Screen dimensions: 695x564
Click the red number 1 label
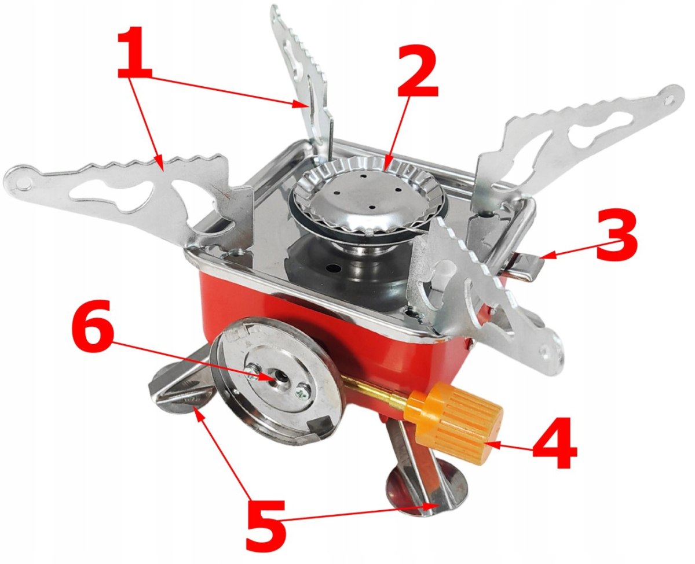coord(135,52)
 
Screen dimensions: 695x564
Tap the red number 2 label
coord(418,71)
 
